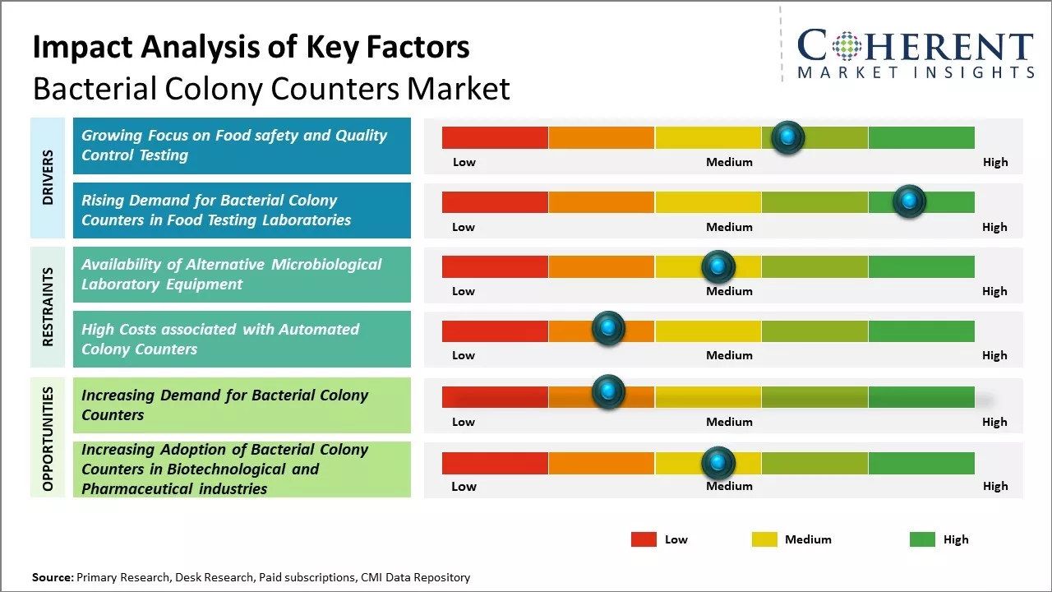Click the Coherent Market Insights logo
915,53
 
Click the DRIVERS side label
48,177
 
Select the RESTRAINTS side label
48,307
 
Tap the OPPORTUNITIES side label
48,438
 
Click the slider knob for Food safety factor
788,137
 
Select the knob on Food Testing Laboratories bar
909,201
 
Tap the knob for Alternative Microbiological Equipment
718,266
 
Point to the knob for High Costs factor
608,329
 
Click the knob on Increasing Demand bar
608,392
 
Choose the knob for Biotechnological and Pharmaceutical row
718,464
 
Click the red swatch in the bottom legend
644,539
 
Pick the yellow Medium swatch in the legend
764,539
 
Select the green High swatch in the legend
922,539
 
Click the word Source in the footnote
53,577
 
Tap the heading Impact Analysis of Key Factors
251,48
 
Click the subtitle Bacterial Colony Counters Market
271,89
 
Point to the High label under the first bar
994,162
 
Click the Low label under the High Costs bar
464,355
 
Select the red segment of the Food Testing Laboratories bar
495,202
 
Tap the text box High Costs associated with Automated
242,340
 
